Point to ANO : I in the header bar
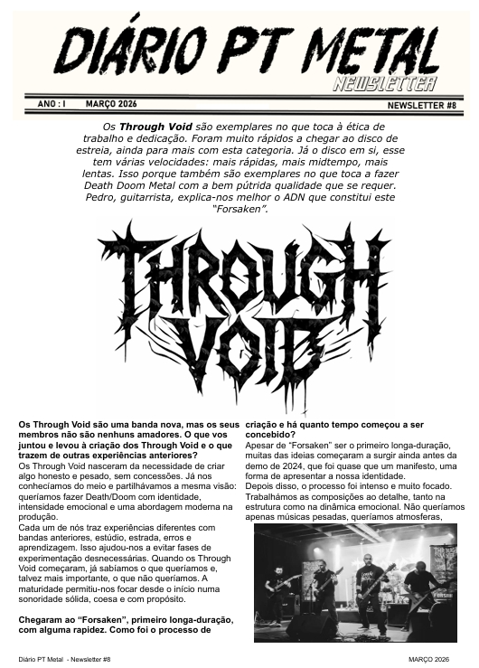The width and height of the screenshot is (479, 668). [x=52, y=105]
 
